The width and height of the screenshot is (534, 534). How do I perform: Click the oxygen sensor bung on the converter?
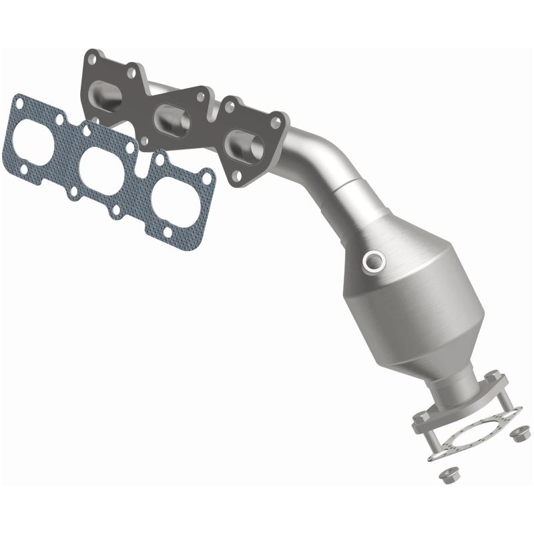pyautogui.click(x=371, y=261)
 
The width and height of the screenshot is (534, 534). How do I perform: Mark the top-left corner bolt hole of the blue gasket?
pyautogui.click(x=20, y=104)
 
